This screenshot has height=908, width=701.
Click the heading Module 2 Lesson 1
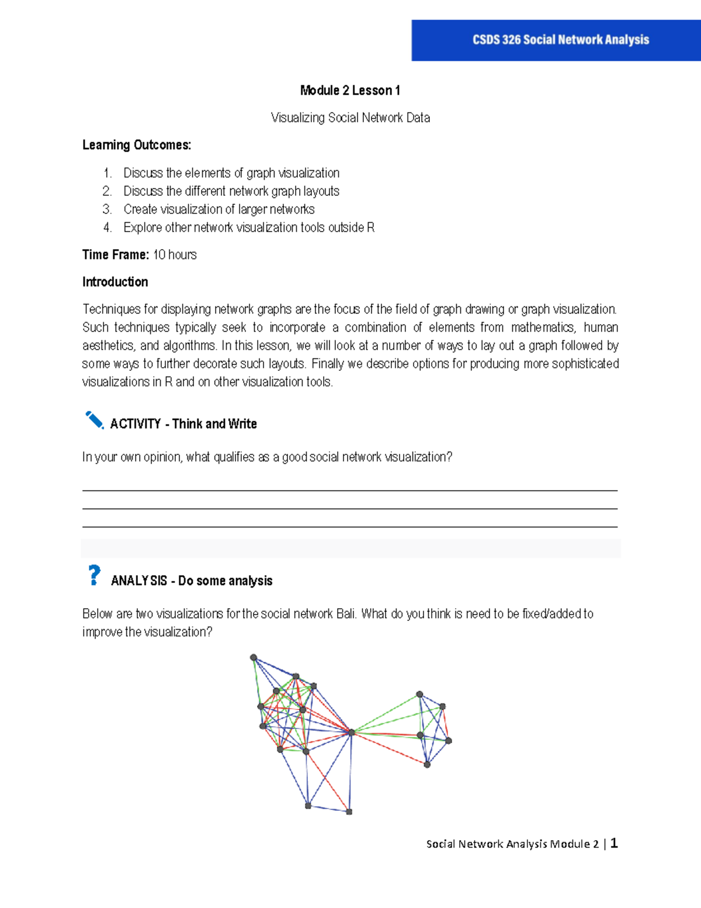350,91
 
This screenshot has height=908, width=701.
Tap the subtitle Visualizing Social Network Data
350,118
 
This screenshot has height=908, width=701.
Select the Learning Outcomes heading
137,145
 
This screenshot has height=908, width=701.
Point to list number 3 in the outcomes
107,209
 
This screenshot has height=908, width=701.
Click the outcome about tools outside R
249,227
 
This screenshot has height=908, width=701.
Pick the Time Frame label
116,255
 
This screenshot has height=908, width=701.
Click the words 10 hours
175,255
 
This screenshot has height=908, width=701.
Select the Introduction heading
115,282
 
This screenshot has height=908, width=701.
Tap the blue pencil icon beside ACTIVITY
94,420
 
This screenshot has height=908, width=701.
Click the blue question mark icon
93,575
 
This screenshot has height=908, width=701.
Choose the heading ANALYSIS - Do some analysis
192,581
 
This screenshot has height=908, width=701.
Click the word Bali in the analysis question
346,614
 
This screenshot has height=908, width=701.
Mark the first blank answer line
350,490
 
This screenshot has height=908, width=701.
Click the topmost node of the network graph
254,658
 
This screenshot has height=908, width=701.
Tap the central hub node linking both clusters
352,732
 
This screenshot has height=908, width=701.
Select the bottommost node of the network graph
349,812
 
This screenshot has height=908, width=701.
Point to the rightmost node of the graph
449,741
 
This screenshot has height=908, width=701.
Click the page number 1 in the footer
614,843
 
